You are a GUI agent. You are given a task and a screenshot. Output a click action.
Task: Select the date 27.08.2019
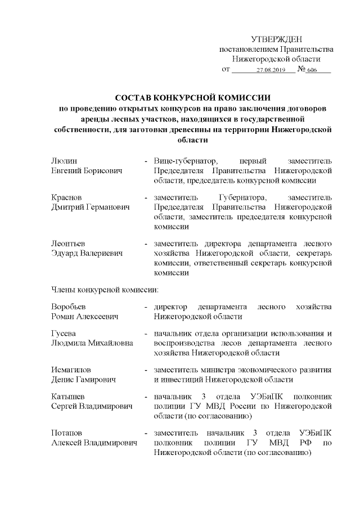271,70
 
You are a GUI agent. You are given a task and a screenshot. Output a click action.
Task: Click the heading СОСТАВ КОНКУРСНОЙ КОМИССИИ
192,97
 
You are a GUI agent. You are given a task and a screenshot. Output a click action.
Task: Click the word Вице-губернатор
182,160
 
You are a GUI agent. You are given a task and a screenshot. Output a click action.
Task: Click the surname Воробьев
69,307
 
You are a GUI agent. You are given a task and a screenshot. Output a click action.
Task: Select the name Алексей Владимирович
93,443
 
